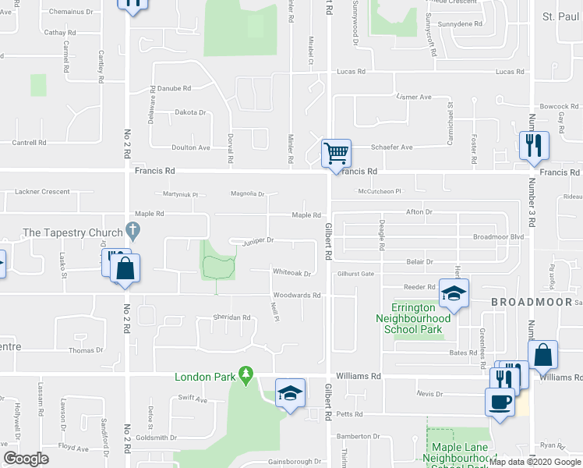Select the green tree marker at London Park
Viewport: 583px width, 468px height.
point(246,376)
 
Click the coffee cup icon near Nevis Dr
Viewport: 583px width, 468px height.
point(499,402)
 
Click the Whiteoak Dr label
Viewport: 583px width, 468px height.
point(291,273)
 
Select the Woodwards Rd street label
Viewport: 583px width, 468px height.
point(296,296)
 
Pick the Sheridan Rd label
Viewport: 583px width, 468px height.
point(232,317)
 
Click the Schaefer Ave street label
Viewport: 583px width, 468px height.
point(391,147)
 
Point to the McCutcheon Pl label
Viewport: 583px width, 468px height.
point(379,191)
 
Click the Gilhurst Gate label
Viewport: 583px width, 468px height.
point(356,274)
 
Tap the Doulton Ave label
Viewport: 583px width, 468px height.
point(191,147)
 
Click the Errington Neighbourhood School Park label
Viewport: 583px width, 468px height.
point(413,318)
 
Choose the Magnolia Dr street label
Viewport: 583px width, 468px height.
point(248,194)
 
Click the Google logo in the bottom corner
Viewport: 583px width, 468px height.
point(26,459)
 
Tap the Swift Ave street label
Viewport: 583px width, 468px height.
point(193,399)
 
